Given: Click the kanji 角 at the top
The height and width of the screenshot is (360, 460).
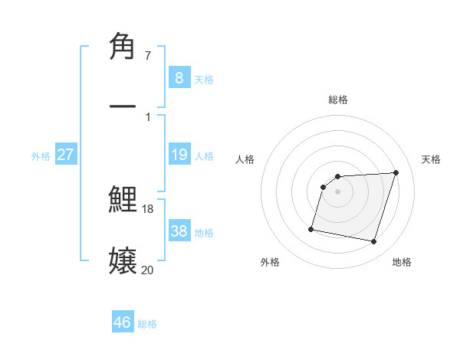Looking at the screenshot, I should coord(123,47).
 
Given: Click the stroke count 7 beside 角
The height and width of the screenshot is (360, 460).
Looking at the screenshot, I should coord(147,57).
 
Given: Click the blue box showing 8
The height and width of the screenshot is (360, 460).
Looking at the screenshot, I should coord(179,77).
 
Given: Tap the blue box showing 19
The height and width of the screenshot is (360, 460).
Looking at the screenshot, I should coord(179,155).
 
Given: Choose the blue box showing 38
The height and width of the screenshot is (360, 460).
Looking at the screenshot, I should coord(179,231).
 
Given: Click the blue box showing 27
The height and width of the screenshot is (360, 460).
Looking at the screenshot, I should coord(65,155).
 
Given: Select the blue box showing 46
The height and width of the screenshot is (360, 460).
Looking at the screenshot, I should coord(123,322).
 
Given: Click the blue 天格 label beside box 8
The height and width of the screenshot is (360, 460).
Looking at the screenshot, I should coord(204,79).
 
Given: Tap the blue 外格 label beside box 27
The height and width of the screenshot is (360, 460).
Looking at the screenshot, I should coord(41,156).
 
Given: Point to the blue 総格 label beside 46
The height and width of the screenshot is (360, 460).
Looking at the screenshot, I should coord(147,324).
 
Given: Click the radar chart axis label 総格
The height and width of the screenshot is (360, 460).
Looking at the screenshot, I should coord(338,100).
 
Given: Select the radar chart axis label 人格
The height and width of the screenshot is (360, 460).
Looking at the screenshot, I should coord(245,159).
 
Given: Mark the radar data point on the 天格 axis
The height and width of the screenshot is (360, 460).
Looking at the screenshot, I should coord(396,172).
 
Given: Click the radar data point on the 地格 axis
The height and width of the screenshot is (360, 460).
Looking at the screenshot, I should coord(374,242).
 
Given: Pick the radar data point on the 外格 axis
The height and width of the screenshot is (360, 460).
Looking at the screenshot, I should coord(311,228).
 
